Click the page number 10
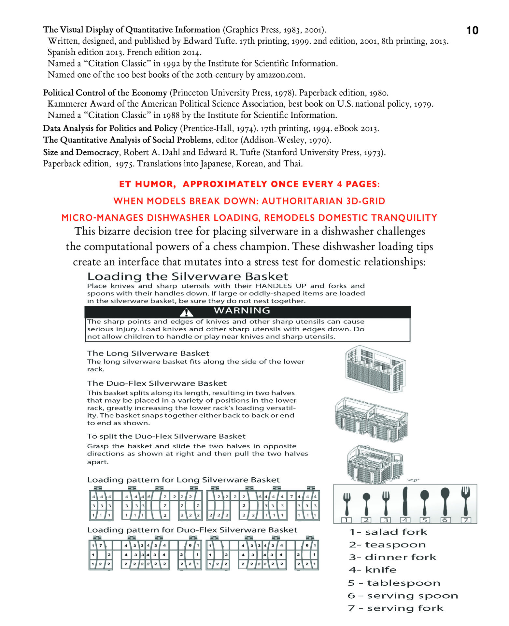pyautogui.click(x=472, y=30)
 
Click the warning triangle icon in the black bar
pyautogui.click(x=186, y=313)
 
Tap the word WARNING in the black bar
pyautogui.click(x=242, y=310)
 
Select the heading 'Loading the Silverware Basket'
pyautogui.click(x=188, y=276)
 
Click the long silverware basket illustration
pyautogui.click(x=375, y=368)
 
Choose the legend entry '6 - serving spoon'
pyautogui.click(x=403, y=595)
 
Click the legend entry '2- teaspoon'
pyautogui.click(x=387, y=544)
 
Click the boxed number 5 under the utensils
pyautogui.click(x=425, y=520)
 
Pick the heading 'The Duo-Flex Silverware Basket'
pyautogui.click(x=157, y=383)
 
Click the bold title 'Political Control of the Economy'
pyautogui.click(x=105, y=93)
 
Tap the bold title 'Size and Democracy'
pyautogui.click(x=81, y=152)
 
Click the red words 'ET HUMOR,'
pyautogui.click(x=147, y=184)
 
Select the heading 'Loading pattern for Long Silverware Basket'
pyautogui.click(x=183, y=480)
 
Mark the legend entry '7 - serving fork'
pyautogui.click(x=395, y=608)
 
